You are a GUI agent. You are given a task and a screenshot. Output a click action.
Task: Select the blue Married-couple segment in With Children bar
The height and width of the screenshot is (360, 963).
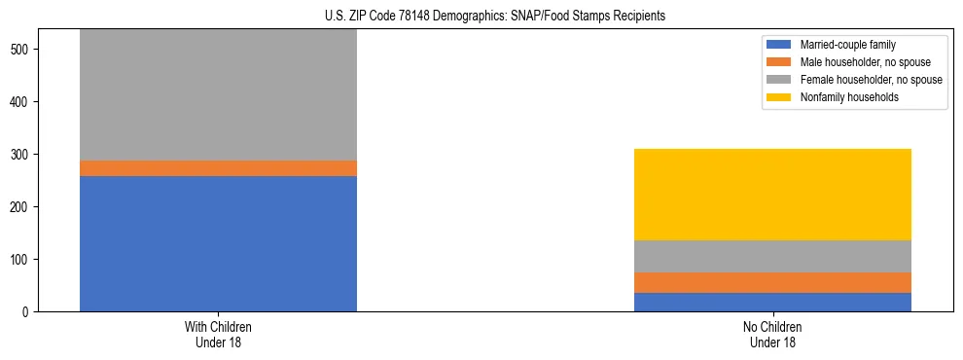(218, 243)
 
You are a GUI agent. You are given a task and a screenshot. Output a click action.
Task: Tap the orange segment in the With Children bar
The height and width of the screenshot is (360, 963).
(218, 168)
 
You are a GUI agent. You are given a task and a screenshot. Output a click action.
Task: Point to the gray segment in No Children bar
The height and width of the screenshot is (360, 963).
(772, 257)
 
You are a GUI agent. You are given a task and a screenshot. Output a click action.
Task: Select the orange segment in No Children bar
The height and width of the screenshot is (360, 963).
(772, 283)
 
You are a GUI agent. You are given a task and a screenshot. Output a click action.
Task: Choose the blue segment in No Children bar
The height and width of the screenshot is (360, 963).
(772, 303)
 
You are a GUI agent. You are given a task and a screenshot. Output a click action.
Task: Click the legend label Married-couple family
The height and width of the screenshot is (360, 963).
(847, 45)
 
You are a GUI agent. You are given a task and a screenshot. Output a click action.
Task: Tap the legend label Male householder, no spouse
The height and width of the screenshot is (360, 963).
(865, 62)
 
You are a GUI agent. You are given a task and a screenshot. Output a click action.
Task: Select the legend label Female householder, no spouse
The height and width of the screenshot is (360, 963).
(871, 80)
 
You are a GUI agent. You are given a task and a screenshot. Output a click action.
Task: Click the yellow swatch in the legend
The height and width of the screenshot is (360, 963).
(779, 97)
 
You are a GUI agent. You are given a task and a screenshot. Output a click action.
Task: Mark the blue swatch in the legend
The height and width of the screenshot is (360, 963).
(779, 45)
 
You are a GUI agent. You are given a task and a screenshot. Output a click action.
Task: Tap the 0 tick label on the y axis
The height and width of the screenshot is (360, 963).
(30, 312)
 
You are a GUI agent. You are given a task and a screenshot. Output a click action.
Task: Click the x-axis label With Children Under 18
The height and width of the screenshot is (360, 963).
(218, 335)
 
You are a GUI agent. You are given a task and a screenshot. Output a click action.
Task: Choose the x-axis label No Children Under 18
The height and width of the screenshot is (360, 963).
(772, 335)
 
